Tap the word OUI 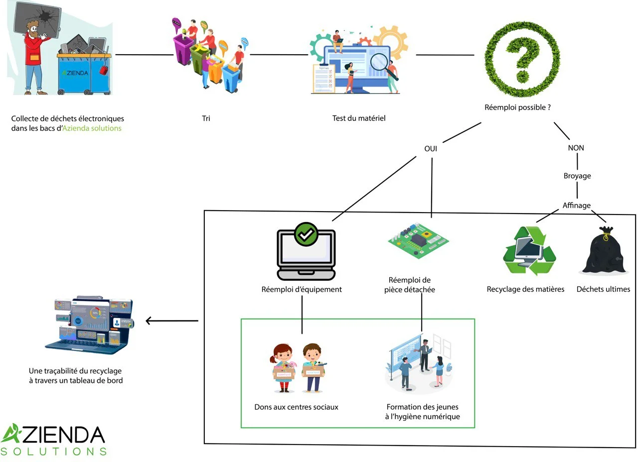(x=432, y=148)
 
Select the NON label (x=576, y=148)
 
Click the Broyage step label (x=577, y=176)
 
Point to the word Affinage (x=576, y=205)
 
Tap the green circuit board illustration (x=418, y=239)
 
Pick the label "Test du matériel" (x=359, y=118)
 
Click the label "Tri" (x=206, y=119)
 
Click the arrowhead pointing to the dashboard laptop (x=149, y=321)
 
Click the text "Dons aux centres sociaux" (x=296, y=407)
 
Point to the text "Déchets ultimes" (x=603, y=289)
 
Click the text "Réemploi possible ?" (x=518, y=107)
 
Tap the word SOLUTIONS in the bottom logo (x=54, y=452)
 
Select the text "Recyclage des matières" (x=525, y=289)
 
